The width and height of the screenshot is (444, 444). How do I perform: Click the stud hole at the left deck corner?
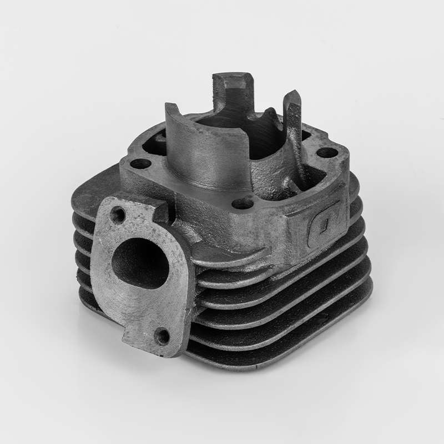(x=141, y=164)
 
